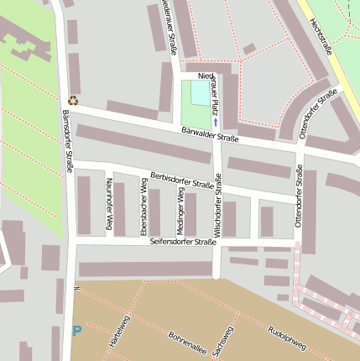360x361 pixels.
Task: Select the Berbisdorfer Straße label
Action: pos(181,180)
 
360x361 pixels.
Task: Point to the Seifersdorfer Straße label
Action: pos(183,242)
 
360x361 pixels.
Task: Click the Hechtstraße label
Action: pos(321,38)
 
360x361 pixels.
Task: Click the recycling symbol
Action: pos(73,100)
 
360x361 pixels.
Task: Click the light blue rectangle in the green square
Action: pos(201,92)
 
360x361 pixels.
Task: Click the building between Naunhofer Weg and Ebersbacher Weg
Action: pos(119,209)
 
